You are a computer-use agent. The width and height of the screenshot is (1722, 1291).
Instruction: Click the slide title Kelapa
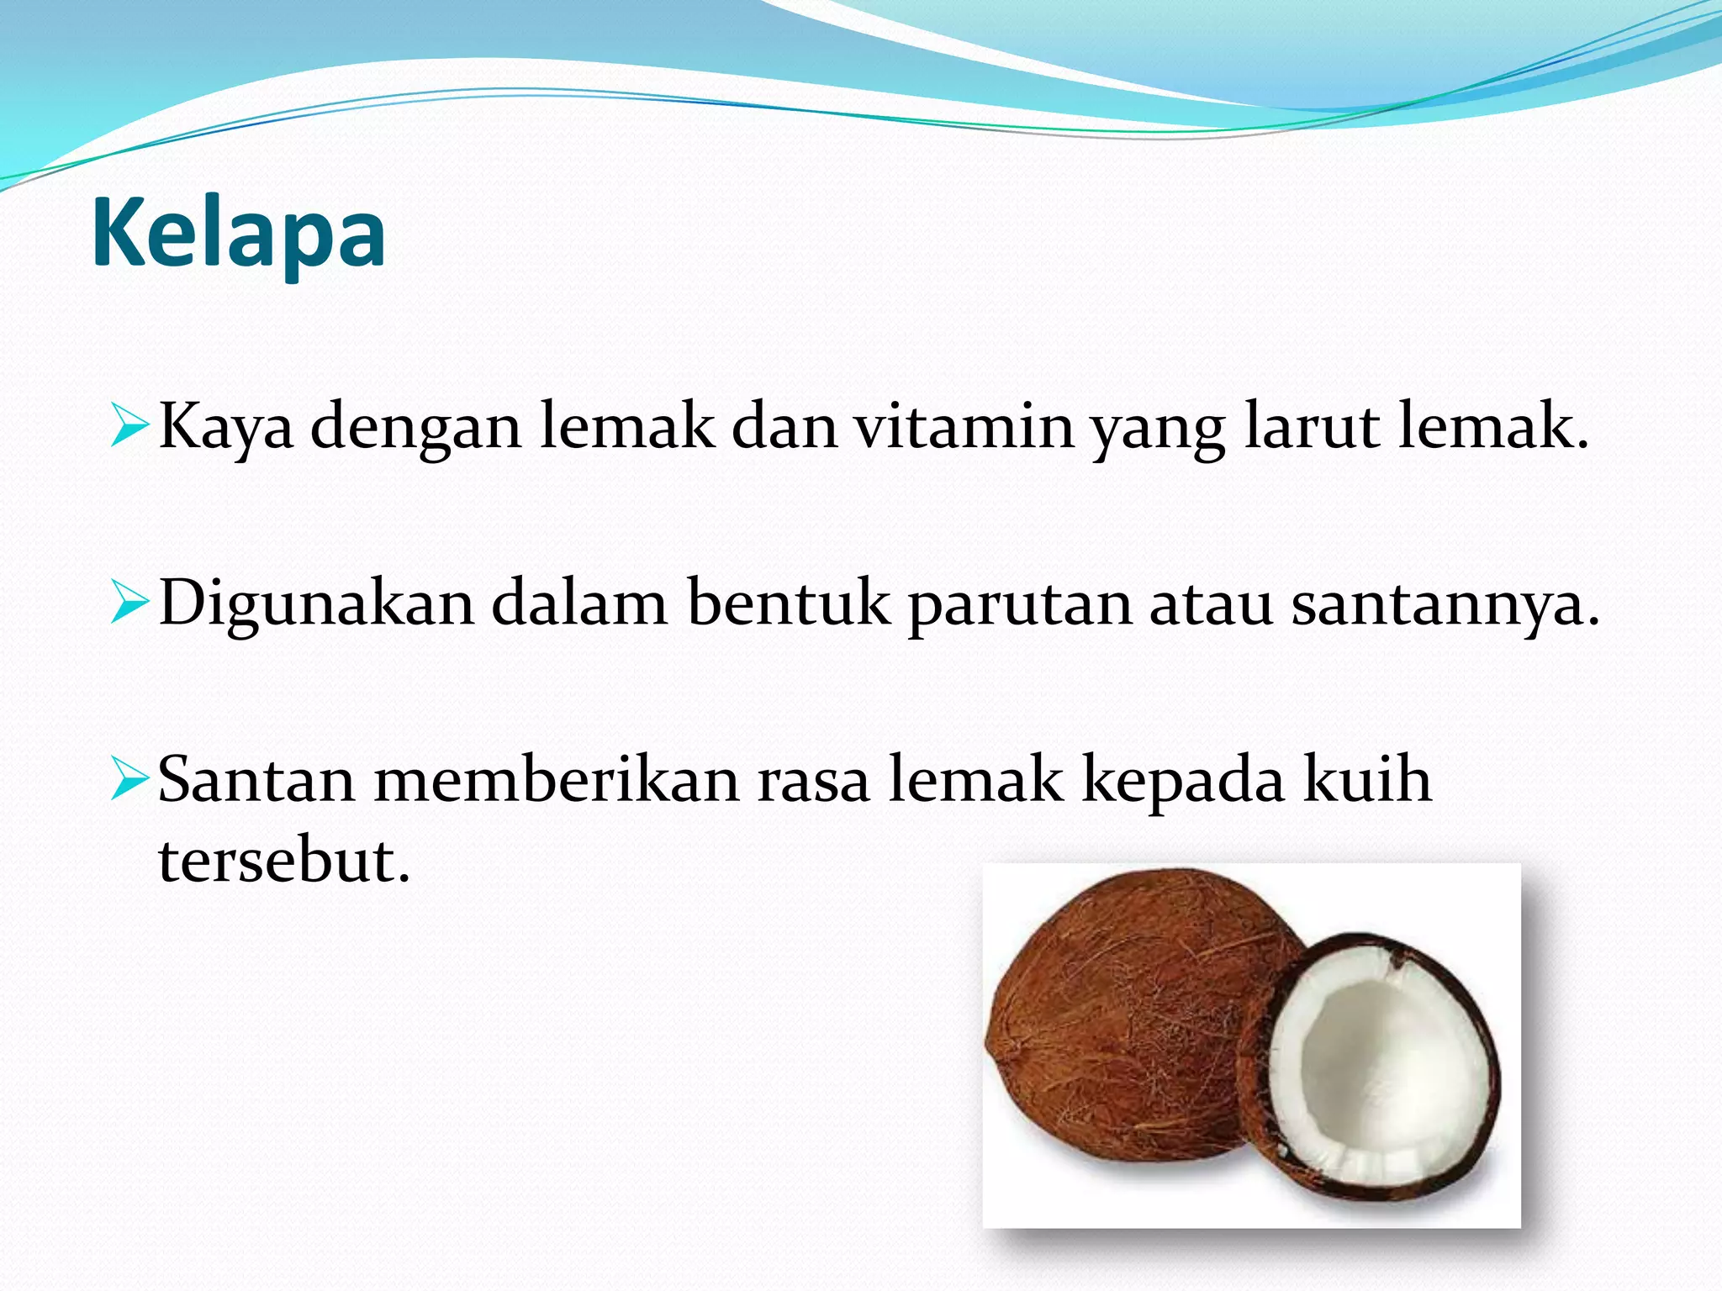238,234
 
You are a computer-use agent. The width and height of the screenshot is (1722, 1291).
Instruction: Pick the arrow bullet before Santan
129,778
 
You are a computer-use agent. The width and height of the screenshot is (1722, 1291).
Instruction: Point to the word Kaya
225,427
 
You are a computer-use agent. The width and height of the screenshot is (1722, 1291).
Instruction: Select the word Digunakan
316,603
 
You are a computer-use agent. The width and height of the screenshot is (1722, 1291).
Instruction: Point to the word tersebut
283,861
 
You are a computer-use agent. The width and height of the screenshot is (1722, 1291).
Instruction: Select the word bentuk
788,603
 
